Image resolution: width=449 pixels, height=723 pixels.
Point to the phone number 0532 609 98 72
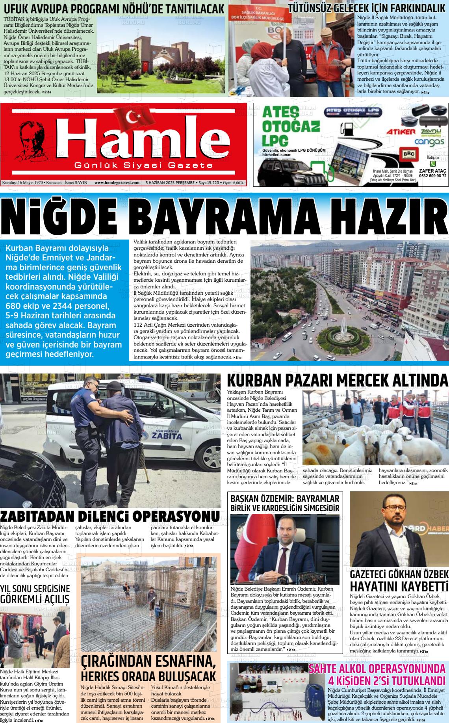433,176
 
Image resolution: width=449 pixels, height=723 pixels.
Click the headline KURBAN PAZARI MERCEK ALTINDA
338,381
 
